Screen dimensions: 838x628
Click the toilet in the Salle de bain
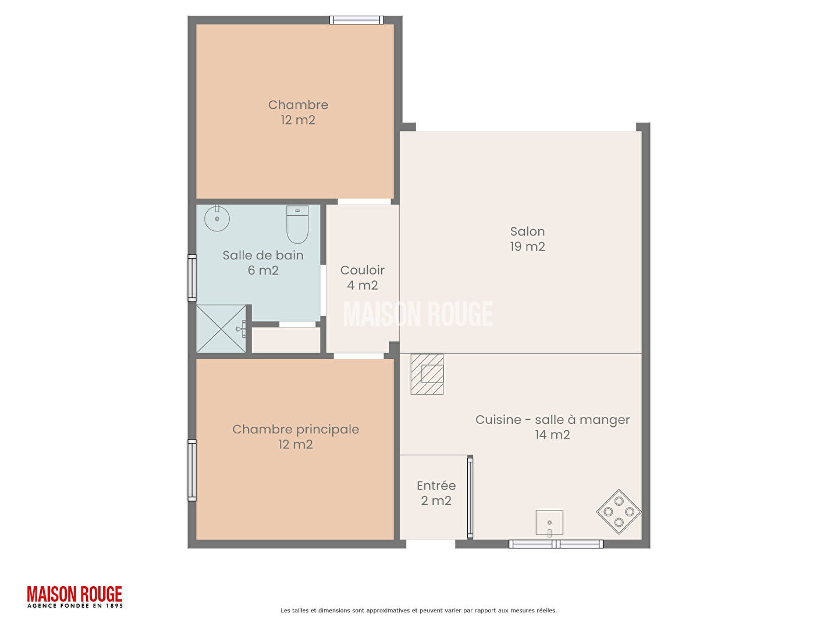297,224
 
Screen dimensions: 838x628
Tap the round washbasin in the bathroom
217,218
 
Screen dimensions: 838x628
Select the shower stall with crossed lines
221,329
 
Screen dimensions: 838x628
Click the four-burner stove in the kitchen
619,511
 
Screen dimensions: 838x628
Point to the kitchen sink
549,523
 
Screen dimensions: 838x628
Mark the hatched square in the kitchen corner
427,374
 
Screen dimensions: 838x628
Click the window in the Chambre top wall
357,20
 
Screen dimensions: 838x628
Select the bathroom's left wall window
192,278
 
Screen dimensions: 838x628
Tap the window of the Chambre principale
192,470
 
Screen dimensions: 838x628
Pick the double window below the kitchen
556,544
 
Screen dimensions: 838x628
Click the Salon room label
527,238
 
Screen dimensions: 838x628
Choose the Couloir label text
363,270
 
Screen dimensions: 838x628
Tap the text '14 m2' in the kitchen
552,435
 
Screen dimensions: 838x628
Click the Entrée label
436,486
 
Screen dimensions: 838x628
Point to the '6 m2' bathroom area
263,270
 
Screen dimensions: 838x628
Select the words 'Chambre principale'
296,429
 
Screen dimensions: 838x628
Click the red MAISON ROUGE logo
75,597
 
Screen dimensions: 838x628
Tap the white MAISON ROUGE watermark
418,314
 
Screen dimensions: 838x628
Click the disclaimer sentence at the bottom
418,611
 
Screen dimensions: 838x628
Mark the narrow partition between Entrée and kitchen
470,497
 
